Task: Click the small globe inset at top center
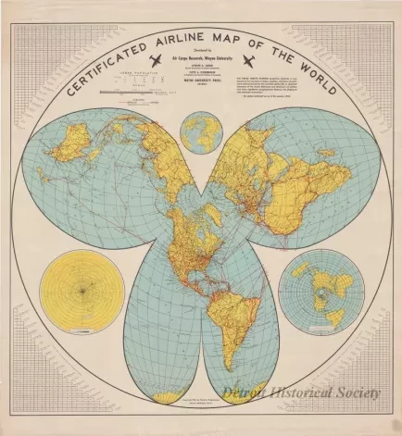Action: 200,131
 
